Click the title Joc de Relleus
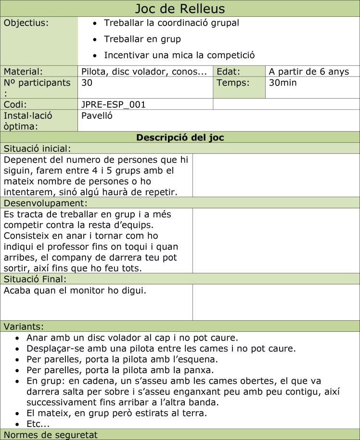click(180, 9)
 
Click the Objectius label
click(26, 23)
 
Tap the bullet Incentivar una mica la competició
click(179, 55)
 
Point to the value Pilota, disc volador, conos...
click(144, 72)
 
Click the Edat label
click(228, 72)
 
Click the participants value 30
click(87, 83)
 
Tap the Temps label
click(233, 83)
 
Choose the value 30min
click(283, 83)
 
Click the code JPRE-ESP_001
click(114, 104)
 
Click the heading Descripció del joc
click(180, 138)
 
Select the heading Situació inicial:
click(38, 149)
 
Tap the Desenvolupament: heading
click(46, 203)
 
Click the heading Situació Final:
click(35, 279)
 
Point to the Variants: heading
click(24, 327)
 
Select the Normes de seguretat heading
click(51, 435)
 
